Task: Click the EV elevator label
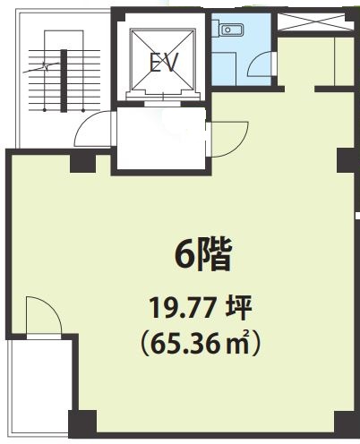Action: point(164,63)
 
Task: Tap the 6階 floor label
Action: point(203,256)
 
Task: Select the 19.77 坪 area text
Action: point(201,309)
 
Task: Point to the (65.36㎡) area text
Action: point(201,344)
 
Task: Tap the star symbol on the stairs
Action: point(46,66)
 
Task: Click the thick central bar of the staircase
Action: point(64,81)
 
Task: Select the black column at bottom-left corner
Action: point(82,424)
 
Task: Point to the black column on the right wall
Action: point(347,160)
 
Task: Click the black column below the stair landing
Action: point(82,163)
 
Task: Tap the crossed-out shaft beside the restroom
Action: point(315,21)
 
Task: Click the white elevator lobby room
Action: point(161,139)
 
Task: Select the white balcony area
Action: point(40,385)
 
